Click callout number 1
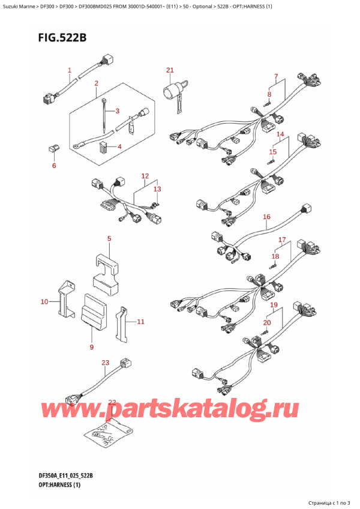pyautogui.click(x=70, y=70)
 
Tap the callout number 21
pyautogui.click(x=170, y=70)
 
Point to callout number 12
pyautogui.click(x=145, y=176)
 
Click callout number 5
pyautogui.click(x=109, y=239)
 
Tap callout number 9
pyautogui.click(x=91, y=347)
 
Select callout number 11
pyautogui.click(x=140, y=322)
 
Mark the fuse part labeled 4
pyautogui.click(x=103, y=146)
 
